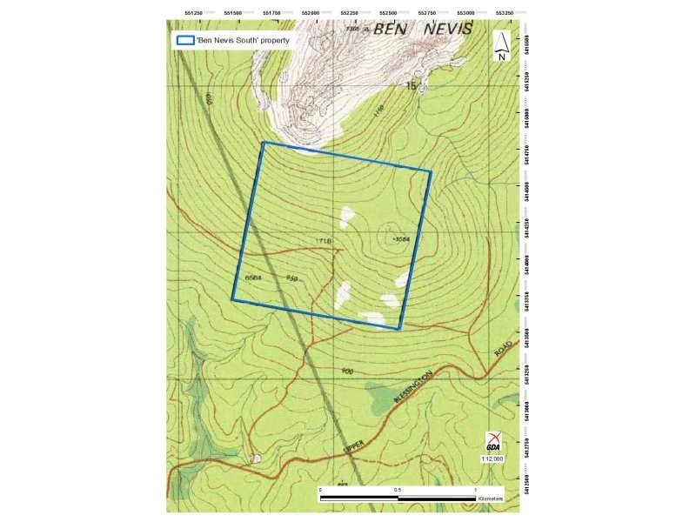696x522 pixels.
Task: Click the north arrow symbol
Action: click(x=502, y=46)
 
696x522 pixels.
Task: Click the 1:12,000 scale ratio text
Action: click(x=492, y=458)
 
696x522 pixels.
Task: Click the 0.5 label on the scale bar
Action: click(x=398, y=490)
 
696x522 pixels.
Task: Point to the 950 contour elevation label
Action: click(x=293, y=278)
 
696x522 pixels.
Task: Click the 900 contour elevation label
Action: click(x=347, y=371)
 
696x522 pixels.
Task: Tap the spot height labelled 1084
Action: click(x=401, y=238)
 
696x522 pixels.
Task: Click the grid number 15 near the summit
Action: click(x=412, y=85)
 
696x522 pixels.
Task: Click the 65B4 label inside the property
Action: click(x=253, y=278)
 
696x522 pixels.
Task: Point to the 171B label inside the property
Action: click(x=324, y=238)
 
